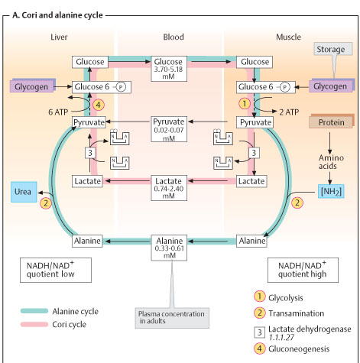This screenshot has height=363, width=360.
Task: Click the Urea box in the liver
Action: [x=24, y=192]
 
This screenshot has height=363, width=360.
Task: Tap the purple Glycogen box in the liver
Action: [x=32, y=86]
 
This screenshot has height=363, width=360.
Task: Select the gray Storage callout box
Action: [x=333, y=49]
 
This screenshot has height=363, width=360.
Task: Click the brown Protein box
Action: [x=332, y=122]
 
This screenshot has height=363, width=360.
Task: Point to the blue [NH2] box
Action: [x=331, y=191]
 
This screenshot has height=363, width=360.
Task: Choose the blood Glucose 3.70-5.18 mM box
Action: [x=169, y=69]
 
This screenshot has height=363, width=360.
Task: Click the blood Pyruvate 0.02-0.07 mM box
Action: [x=169, y=129]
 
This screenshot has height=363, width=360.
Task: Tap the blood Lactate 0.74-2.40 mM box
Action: [x=169, y=188]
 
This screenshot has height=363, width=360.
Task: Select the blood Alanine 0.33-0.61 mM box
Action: [x=169, y=248]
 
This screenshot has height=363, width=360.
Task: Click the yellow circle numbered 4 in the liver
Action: [x=98, y=105]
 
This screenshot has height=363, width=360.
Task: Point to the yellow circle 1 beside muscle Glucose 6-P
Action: [x=245, y=104]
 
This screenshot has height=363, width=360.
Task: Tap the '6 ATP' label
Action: [x=58, y=112]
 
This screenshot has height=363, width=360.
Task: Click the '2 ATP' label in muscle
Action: [x=289, y=112]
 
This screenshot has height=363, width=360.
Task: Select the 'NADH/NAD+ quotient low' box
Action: [x=56, y=270]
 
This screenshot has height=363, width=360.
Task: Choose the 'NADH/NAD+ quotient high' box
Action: [x=303, y=270]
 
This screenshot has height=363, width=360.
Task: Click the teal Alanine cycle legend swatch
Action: [x=34, y=311]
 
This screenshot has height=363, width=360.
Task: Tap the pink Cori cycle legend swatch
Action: [x=34, y=324]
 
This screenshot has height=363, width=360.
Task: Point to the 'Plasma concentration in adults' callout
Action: [x=172, y=318]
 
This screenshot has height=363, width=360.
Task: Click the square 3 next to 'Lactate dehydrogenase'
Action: [x=259, y=332]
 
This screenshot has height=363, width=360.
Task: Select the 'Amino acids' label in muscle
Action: [x=331, y=162]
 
